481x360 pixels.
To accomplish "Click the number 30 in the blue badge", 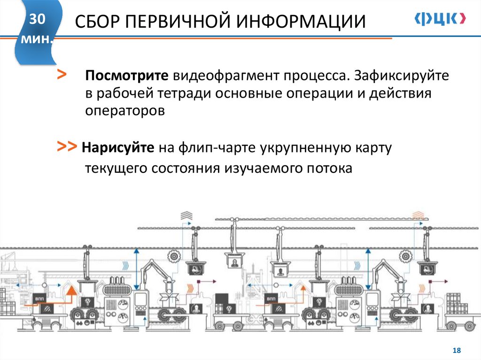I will [x=38, y=20].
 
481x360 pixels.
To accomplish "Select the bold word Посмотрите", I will [x=126, y=76].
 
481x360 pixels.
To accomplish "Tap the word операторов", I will [x=125, y=111].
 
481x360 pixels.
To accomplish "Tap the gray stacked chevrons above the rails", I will [x=186, y=215].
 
